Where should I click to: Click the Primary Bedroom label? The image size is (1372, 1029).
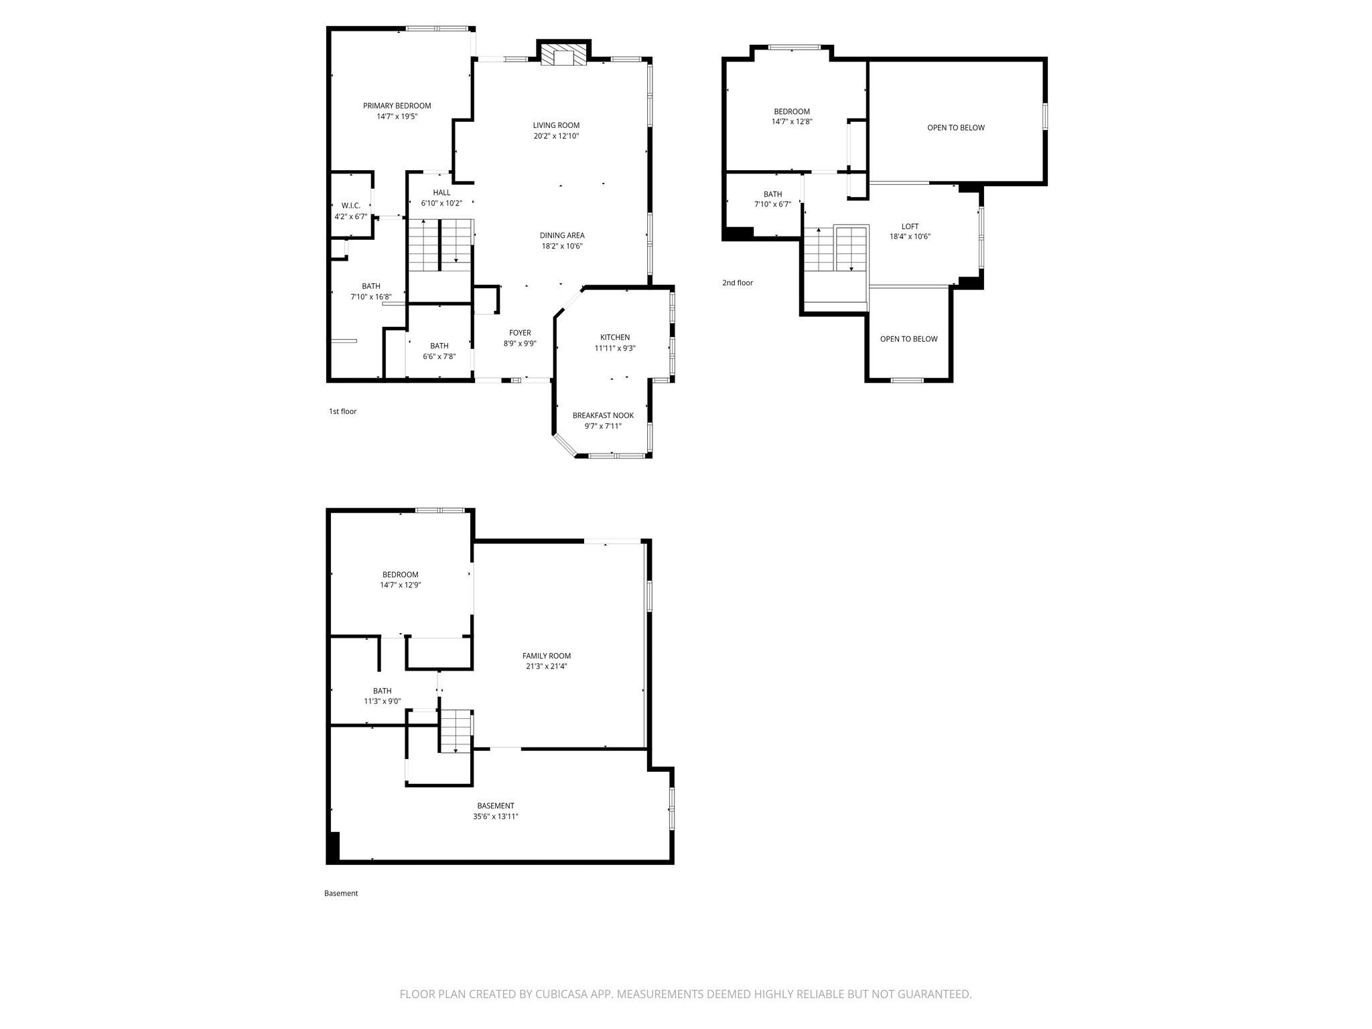pyautogui.click(x=397, y=106)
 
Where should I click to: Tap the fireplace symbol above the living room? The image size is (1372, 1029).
pyautogui.click(x=563, y=56)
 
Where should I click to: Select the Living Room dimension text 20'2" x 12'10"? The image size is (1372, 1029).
pyautogui.click(x=556, y=136)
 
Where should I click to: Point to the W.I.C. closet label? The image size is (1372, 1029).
pyautogui.click(x=350, y=206)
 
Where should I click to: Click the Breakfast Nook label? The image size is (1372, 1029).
pyautogui.click(x=603, y=415)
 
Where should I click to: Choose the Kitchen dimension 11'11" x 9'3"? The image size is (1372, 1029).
pyautogui.click(x=614, y=348)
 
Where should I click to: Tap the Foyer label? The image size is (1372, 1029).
pyautogui.click(x=520, y=333)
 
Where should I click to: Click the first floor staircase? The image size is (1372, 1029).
pyautogui.click(x=440, y=245)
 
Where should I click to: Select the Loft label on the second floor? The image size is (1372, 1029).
pyautogui.click(x=910, y=226)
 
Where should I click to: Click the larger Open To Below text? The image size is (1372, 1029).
pyautogui.click(x=955, y=128)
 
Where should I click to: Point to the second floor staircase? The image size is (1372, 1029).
pyautogui.click(x=835, y=249)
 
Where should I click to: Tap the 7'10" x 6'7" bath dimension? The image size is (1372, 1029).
pyautogui.click(x=772, y=205)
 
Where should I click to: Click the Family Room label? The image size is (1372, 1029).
pyautogui.click(x=547, y=656)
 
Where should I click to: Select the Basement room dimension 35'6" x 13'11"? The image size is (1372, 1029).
pyautogui.click(x=495, y=817)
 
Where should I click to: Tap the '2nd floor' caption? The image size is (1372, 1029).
pyautogui.click(x=737, y=283)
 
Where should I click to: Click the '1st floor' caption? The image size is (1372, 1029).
pyautogui.click(x=342, y=411)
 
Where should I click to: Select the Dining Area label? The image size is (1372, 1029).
pyautogui.click(x=562, y=235)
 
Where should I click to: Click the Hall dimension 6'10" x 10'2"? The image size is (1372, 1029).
pyautogui.click(x=441, y=203)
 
